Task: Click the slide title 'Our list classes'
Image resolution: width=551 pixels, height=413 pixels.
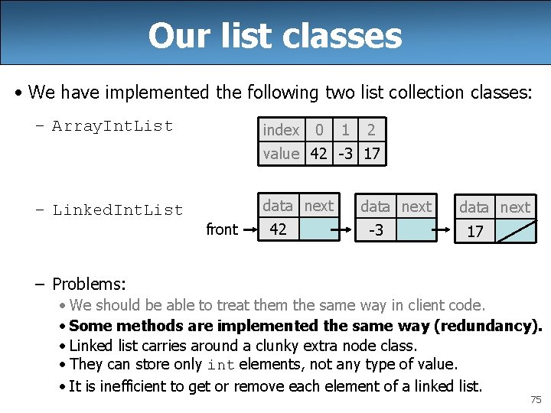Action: (275, 35)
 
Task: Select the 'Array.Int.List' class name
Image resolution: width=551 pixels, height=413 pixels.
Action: (112, 126)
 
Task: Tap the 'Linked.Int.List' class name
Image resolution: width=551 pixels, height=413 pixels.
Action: (117, 210)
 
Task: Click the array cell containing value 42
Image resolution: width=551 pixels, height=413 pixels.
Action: (319, 153)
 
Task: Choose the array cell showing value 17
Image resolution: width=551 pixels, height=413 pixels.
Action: (372, 153)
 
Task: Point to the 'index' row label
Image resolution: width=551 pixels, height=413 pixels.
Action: (281, 130)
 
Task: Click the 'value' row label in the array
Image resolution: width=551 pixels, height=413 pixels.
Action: (281, 153)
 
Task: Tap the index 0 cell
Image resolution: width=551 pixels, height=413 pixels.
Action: (319, 130)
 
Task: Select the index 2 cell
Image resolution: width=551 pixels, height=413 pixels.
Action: (372, 130)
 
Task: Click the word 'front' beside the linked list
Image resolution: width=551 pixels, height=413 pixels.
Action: (222, 229)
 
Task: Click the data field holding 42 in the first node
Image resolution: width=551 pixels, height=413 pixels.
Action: (279, 229)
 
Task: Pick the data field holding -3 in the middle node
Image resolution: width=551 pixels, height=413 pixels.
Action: (376, 229)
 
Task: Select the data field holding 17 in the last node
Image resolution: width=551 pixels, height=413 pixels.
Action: (474, 231)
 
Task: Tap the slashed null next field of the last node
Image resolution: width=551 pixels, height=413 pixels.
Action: (515, 231)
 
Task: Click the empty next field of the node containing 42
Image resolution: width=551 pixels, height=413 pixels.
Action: (319, 229)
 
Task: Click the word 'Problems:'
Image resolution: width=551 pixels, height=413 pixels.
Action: (89, 285)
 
